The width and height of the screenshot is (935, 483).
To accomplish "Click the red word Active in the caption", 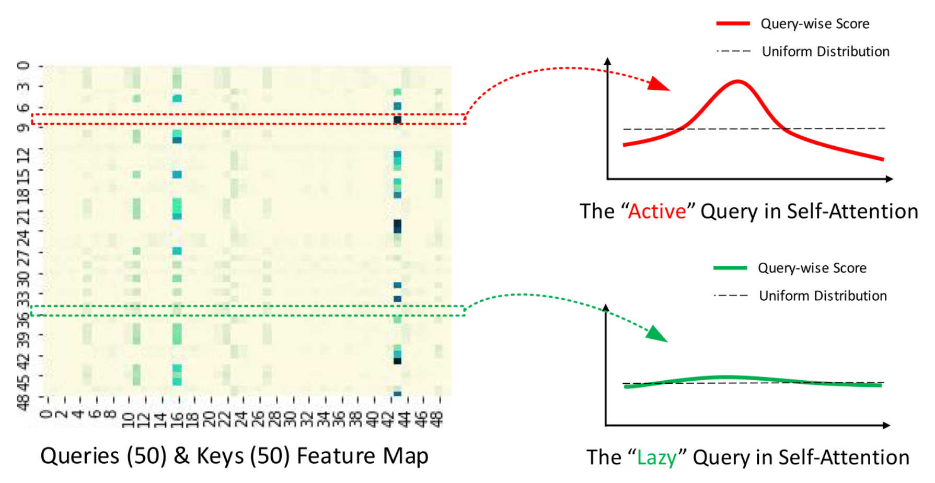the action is [x=657, y=211].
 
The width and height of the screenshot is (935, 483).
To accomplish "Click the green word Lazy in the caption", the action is [x=656, y=457].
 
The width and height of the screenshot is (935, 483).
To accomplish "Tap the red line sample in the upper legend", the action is [x=733, y=23].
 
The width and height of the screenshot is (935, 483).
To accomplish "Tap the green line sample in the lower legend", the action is [x=730, y=268].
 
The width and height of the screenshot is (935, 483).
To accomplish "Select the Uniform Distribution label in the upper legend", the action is [x=825, y=51].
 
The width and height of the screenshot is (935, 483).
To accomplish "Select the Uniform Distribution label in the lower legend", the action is [x=823, y=296].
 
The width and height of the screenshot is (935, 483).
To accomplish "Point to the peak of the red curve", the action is [x=737, y=81].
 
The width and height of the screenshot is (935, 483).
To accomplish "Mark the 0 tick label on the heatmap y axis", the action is [x=24, y=66].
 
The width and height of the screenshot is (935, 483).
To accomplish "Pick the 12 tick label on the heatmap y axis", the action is [x=24, y=155].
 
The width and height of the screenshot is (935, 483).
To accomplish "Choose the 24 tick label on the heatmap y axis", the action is [x=24, y=239].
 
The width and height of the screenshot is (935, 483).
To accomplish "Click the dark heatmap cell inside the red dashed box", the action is [x=397, y=120].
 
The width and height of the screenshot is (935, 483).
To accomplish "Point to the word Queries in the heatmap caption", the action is [x=79, y=456].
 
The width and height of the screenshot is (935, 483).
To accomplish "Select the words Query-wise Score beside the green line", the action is [x=812, y=268].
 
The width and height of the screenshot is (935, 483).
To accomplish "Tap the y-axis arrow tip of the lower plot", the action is [x=606, y=308].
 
